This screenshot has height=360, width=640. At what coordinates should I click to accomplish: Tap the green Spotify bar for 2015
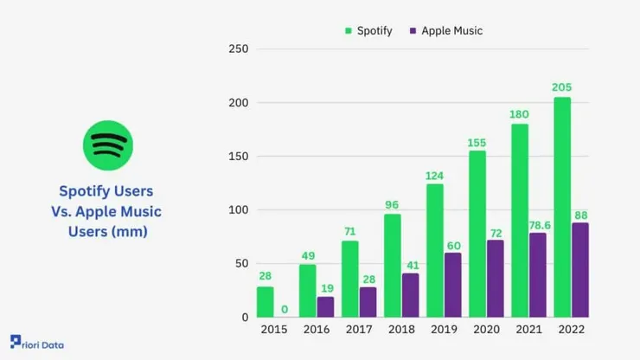point(266,302)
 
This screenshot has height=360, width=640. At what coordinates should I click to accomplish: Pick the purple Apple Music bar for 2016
point(326,307)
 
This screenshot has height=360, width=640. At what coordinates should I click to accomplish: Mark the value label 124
point(434,175)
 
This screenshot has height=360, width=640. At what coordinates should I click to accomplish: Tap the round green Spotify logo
point(108,145)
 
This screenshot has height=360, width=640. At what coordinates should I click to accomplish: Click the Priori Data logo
point(36,344)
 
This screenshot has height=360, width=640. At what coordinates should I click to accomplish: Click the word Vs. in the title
point(69,211)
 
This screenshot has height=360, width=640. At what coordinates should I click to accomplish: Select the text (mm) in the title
point(132,232)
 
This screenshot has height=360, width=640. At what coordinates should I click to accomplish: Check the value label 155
point(477,141)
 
